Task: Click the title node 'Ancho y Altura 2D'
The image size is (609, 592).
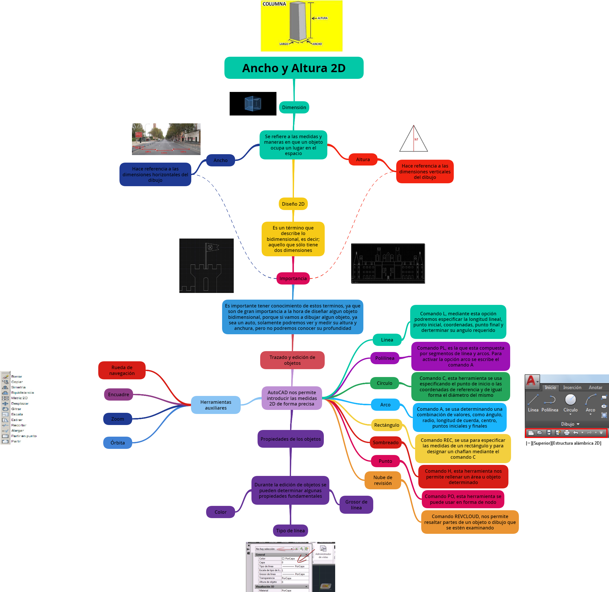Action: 294,68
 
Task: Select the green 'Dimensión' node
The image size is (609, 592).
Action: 294,107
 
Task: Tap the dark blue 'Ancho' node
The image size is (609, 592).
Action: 220,160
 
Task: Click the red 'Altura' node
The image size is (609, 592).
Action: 362,159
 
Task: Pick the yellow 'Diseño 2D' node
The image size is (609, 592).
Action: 293,204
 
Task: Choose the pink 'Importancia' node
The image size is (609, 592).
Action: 293,278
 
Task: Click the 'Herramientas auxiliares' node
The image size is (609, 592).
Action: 216,405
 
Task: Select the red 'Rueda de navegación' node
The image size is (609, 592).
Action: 122,370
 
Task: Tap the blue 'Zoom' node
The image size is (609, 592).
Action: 117,419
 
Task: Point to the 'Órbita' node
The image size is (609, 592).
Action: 117,442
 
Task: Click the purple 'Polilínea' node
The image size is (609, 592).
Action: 385,358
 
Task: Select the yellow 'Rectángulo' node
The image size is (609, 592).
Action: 386,425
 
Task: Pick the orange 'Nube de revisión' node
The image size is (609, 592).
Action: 383,480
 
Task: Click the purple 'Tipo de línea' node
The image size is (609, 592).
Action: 290,530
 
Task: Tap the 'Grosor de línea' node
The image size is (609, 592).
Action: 356,504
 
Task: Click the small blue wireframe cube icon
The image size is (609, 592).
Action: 253,104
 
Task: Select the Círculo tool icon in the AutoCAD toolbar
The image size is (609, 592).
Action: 570,399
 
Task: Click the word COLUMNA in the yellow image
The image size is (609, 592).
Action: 274,4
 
